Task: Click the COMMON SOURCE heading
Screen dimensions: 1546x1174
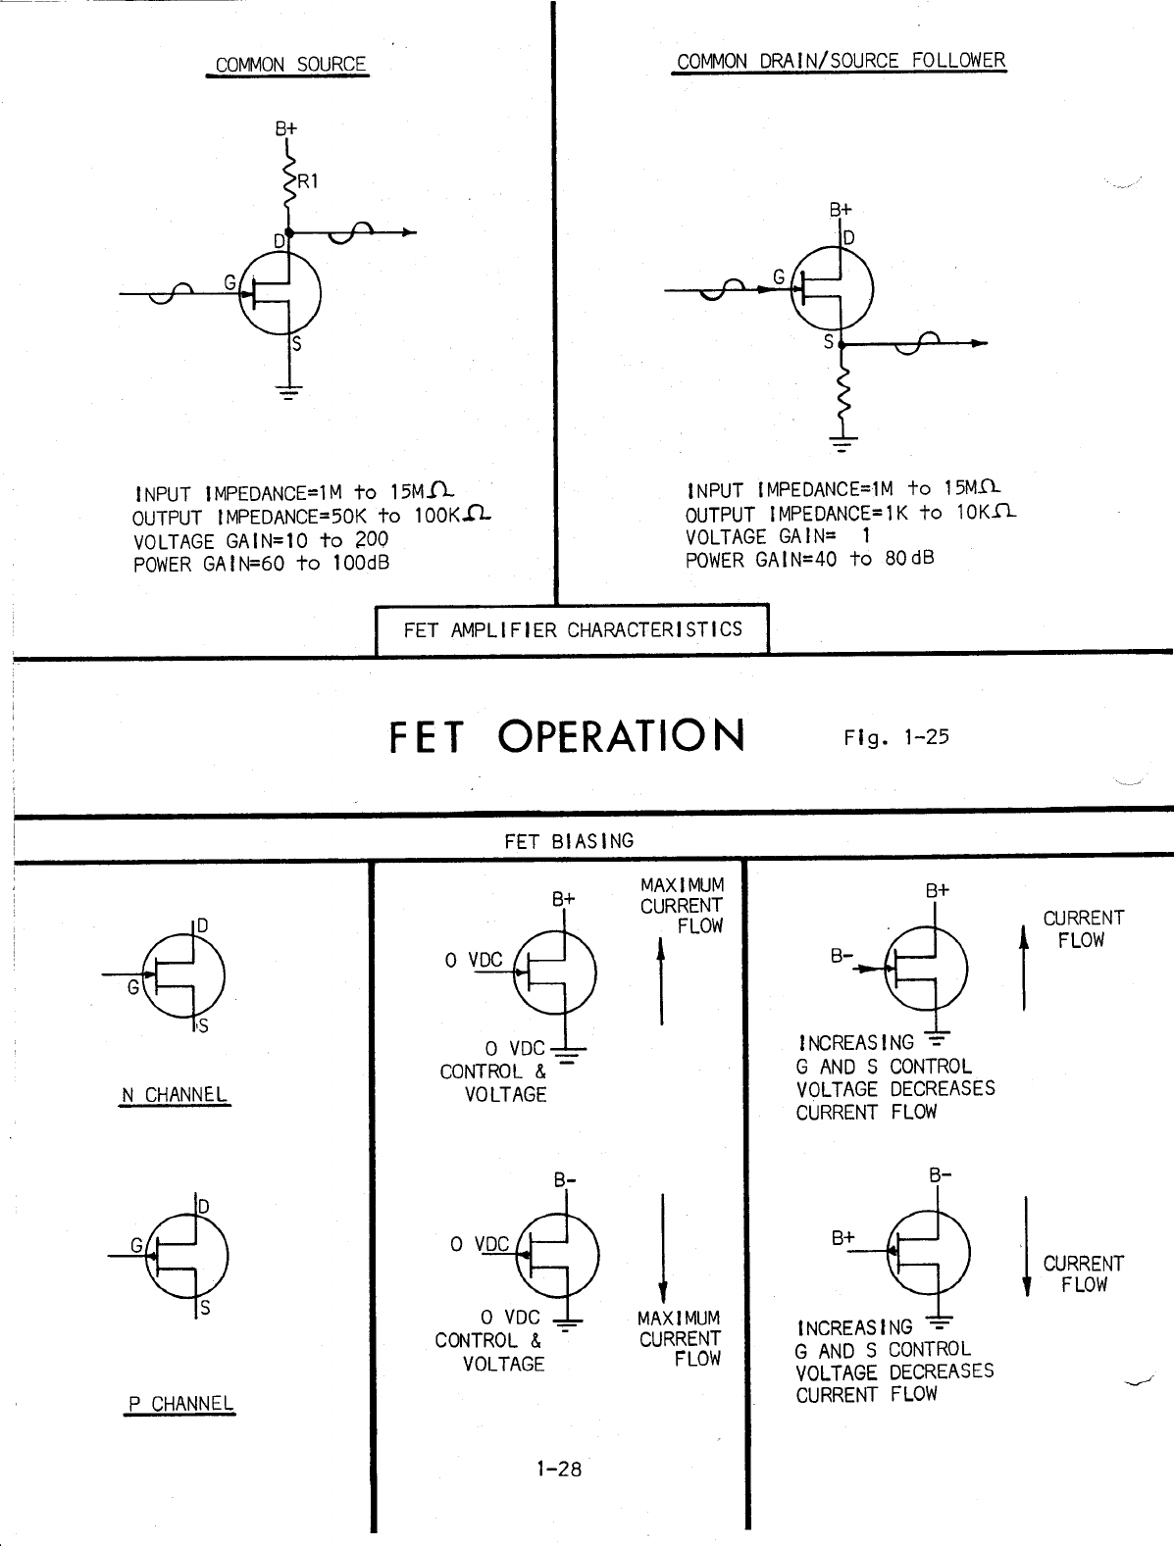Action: (290, 65)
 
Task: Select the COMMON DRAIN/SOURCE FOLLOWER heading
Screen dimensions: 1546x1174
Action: (841, 61)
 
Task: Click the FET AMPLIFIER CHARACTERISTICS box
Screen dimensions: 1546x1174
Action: (573, 629)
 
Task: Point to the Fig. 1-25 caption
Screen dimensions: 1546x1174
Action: (895, 737)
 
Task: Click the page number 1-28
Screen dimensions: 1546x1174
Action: (558, 1469)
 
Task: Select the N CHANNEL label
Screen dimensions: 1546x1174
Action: (175, 1095)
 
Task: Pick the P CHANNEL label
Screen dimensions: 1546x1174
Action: (181, 1403)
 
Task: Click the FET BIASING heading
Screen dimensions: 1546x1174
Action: (569, 841)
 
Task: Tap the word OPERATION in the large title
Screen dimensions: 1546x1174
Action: (621, 736)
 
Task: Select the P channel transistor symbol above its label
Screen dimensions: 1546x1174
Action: (186, 1255)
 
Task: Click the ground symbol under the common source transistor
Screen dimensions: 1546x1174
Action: (289, 393)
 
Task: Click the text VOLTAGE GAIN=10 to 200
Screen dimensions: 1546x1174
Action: (261, 540)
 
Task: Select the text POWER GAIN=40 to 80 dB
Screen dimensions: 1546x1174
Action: (809, 559)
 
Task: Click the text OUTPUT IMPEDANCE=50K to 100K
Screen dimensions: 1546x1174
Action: (312, 516)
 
